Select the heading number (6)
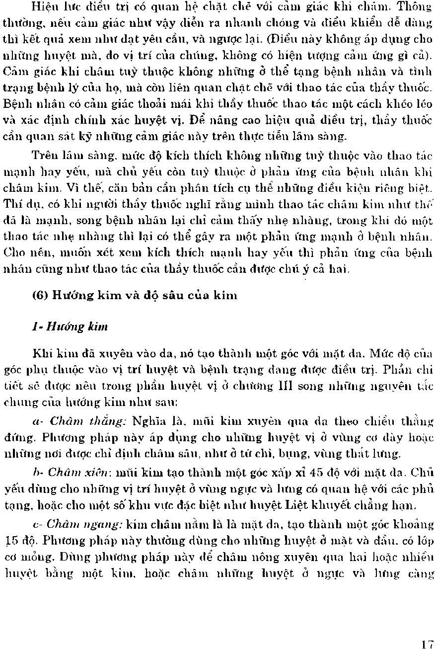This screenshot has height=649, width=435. (39, 296)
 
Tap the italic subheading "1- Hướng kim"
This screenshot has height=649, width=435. (70, 326)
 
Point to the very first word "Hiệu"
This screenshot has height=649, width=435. (43, 6)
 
